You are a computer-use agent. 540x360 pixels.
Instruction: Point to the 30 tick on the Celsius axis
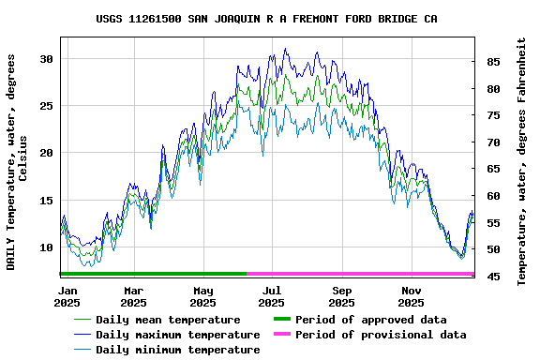click(x=46, y=59)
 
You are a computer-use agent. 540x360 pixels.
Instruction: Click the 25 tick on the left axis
click(x=46, y=106)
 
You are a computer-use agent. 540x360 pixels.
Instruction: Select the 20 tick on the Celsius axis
click(x=46, y=153)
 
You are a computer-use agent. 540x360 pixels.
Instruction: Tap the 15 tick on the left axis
click(x=46, y=201)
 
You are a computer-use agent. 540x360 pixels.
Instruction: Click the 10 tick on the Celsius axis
click(x=46, y=247)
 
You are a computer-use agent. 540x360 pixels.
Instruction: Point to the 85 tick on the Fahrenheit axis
click(x=492, y=62)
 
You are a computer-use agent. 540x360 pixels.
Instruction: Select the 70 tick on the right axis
click(x=492, y=142)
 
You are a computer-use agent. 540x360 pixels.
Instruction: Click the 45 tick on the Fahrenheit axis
click(x=492, y=277)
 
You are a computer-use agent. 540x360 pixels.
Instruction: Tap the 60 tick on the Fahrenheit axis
click(x=492, y=196)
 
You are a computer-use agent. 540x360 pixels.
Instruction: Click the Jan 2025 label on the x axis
click(x=67, y=296)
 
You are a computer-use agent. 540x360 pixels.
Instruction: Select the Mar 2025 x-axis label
click(x=134, y=296)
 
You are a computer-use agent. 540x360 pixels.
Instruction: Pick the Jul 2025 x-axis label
click(x=271, y=296)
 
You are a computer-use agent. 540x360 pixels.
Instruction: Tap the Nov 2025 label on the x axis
click(x=411, y=296)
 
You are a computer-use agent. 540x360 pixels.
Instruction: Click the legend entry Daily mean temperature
click(x=168, y=320)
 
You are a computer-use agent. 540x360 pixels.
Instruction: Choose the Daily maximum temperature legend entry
click(x=177, y=335)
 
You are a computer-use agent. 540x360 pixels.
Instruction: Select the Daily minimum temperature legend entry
click(x=177, y=350)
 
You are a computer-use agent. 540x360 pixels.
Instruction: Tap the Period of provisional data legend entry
click(x=380, y=335)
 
